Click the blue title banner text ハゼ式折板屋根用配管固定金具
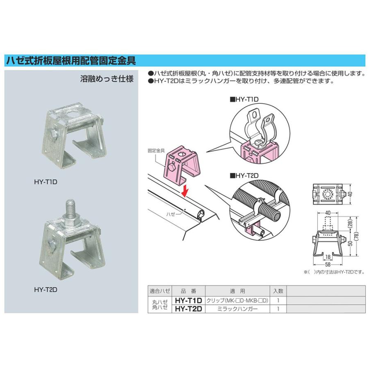pos(71,61)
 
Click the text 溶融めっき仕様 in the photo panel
pos(107,79)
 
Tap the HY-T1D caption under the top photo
pos(46,182)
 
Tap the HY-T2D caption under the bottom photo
pos(46,290)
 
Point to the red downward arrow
pos(186,190)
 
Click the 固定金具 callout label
pos(156,150)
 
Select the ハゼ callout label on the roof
pos(171,214)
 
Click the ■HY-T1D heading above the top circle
pos(244,100)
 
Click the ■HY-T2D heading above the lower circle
pos(244,175)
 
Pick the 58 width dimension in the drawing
pos(328,264)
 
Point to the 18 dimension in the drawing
pos(328,257)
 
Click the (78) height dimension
pos(357,236)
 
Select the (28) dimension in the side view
pos(351,223)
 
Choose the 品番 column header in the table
pos(189,291)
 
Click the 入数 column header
pos(278,291)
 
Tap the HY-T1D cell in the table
pos(189,301)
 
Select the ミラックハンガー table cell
pos(237,309)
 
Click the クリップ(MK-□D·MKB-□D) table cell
pos(237,301)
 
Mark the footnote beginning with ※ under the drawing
pos(335,272)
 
